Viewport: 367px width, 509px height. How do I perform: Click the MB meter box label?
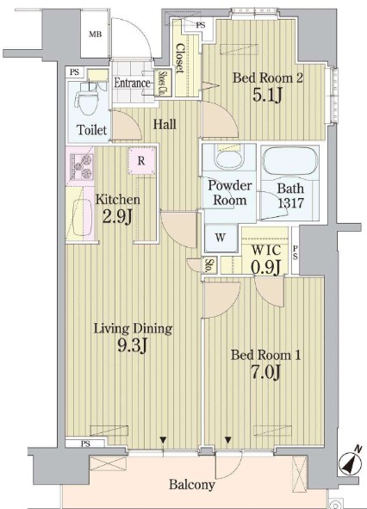[x=95, y=34]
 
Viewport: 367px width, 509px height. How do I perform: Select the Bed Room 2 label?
[x=268, y=78]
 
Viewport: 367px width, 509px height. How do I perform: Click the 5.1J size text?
[x=267, y=95]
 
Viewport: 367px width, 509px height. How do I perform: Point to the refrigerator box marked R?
[x=141, y=161]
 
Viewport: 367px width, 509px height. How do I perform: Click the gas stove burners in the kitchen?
[x=82, y=167]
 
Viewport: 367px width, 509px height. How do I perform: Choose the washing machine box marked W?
[x=221, y=238]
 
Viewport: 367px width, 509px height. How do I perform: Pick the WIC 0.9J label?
[x=266, y=258]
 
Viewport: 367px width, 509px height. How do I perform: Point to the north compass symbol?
[x=351, y=462]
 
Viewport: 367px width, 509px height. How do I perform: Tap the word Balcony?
[x=192, y=485]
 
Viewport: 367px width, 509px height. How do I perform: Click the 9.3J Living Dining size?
[x=133, y=347]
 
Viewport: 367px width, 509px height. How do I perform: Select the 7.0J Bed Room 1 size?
[x=264, y=372]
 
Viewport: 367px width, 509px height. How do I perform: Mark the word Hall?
[x=165, y=124]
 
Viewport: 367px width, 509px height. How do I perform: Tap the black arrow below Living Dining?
[x=163, y=440]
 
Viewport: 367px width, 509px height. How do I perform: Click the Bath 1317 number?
[x=290, y=203]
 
